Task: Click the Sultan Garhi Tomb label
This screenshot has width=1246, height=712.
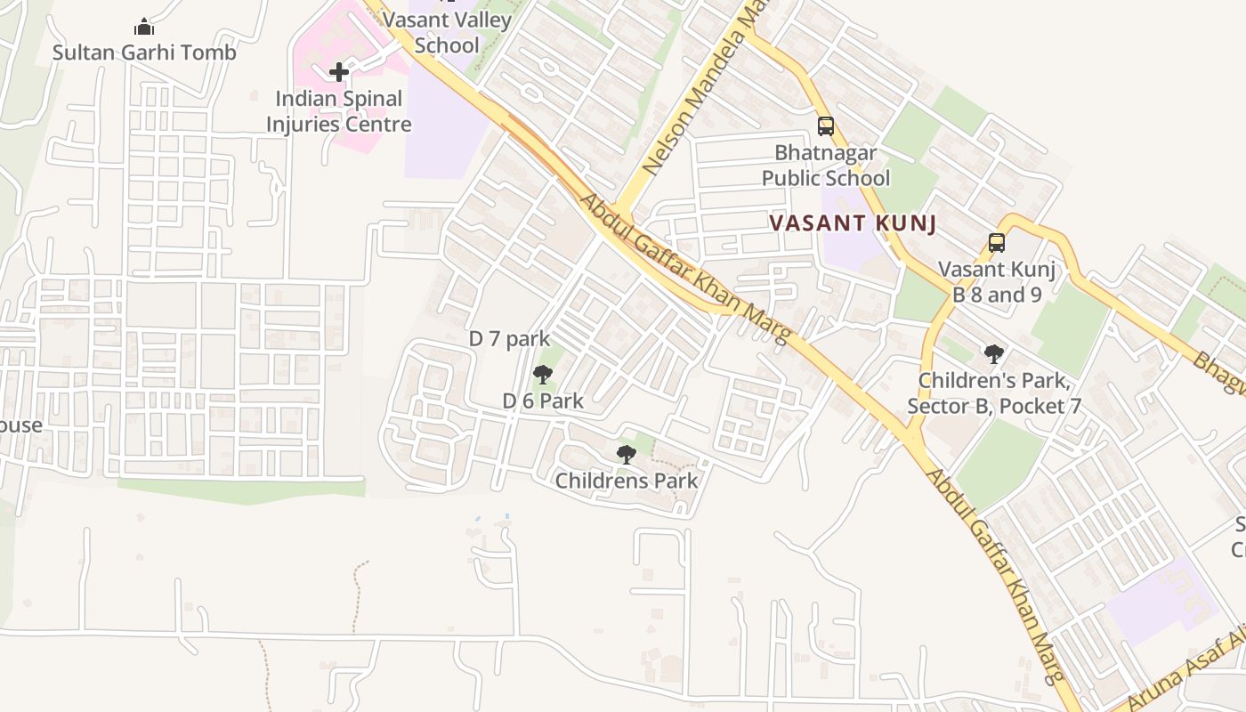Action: click(x=144, y=53)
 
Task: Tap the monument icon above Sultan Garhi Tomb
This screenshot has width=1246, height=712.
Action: click(x=144, y=28)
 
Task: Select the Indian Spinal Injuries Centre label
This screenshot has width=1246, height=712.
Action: click(x=339, y=111)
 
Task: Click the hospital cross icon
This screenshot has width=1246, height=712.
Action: click(x=339, y=72)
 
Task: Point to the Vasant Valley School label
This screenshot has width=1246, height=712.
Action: click(x=448, y=33)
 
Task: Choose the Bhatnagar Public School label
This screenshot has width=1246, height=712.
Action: click(x=825, y=166)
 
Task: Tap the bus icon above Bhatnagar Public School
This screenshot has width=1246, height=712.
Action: click(x=826, y=126)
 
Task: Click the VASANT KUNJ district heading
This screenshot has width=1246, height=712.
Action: click(x=853, y=223)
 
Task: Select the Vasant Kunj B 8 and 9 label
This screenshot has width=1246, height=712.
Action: click(x=997, y=282)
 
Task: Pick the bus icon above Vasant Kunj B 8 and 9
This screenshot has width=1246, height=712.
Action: click(x=997, y=242)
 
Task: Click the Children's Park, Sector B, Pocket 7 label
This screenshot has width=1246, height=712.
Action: click(x=994, y=393)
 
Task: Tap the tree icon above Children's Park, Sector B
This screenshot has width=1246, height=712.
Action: click(x=994, y=354)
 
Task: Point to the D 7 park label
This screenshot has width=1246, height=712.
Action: click(x=510, y=339)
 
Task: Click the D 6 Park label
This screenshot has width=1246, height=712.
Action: click(x=543, y=401)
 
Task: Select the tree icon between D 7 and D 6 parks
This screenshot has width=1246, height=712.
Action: click(x=543, y=374)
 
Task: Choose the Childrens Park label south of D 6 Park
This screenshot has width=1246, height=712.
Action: click(x=627, y=481)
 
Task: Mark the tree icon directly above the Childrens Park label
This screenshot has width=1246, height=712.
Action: click(x=627, y=455)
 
